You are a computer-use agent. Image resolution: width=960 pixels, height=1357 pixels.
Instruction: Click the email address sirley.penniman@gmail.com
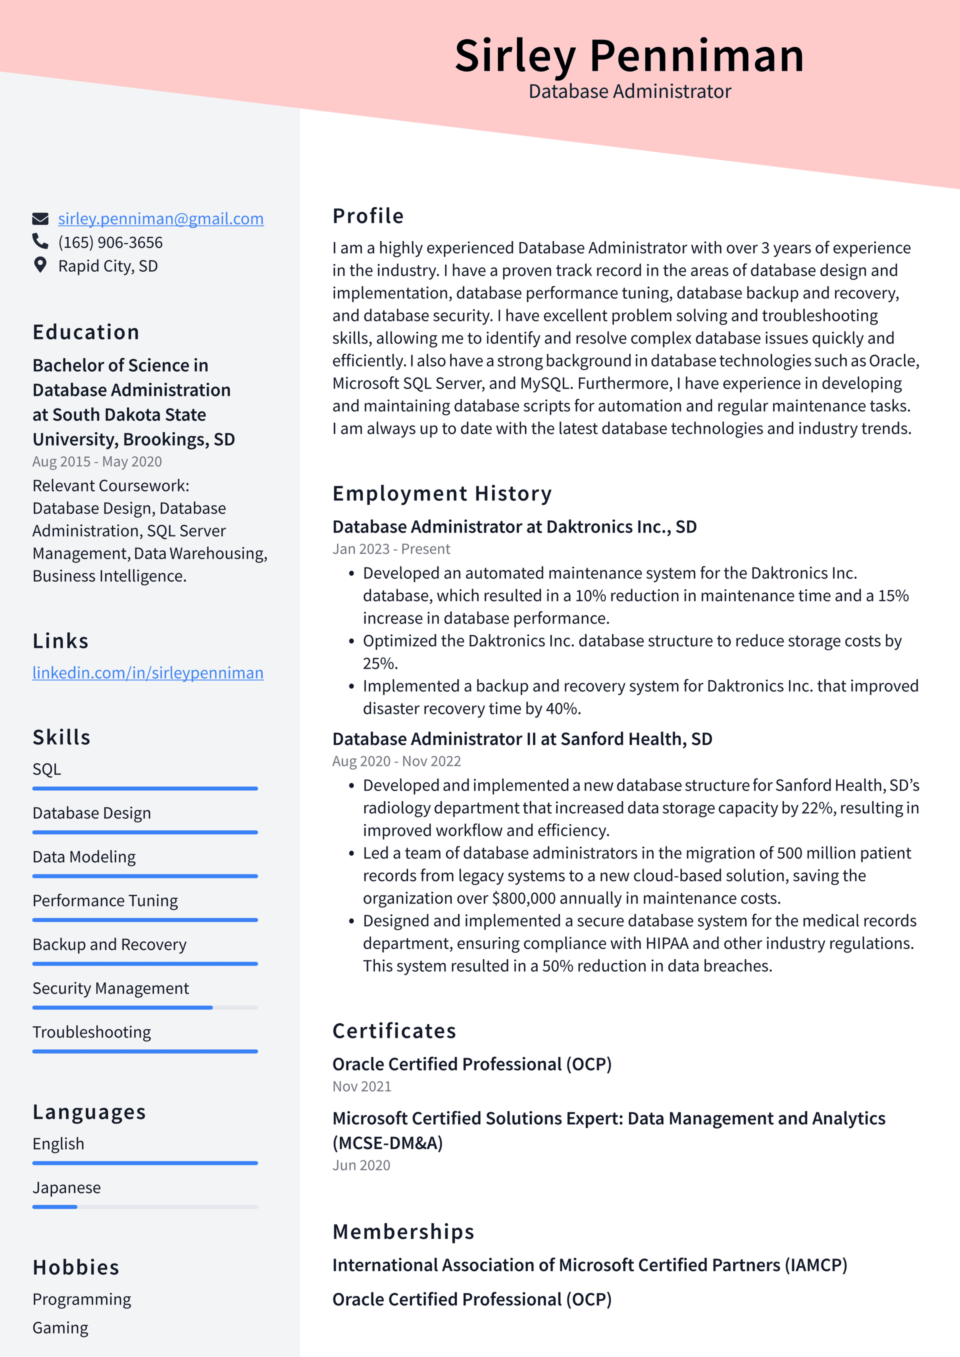click(161, 218)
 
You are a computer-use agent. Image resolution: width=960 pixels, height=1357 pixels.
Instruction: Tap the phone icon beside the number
click(40, 241)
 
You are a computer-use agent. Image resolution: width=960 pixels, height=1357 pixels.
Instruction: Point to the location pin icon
click(40, 265)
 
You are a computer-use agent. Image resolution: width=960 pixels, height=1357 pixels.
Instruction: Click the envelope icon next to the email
click(40, 218)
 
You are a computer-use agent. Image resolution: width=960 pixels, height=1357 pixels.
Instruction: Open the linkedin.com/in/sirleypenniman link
click(148, 672)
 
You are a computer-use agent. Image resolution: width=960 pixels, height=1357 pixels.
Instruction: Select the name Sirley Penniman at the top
click(629, 55)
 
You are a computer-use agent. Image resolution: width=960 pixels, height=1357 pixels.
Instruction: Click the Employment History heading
click(441, 493)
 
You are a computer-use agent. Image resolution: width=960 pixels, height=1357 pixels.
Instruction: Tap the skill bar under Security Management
click(145, 1007)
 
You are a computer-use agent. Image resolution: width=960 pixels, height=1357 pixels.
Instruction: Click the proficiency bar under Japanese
click(145, 1206)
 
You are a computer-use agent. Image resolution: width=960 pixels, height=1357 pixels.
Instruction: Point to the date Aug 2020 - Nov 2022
click(396, 761)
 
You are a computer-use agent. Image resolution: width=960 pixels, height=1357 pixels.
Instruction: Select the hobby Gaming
click(60, 1327)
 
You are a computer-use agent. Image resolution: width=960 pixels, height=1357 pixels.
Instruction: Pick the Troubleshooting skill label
click(91, 1032)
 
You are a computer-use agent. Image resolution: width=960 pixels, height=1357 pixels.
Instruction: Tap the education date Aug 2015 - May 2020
click(97, 461)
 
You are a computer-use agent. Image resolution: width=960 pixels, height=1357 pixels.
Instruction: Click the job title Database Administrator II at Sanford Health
click(522, 739)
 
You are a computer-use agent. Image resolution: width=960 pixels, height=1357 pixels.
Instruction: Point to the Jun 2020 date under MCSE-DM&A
click(360, 1165)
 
